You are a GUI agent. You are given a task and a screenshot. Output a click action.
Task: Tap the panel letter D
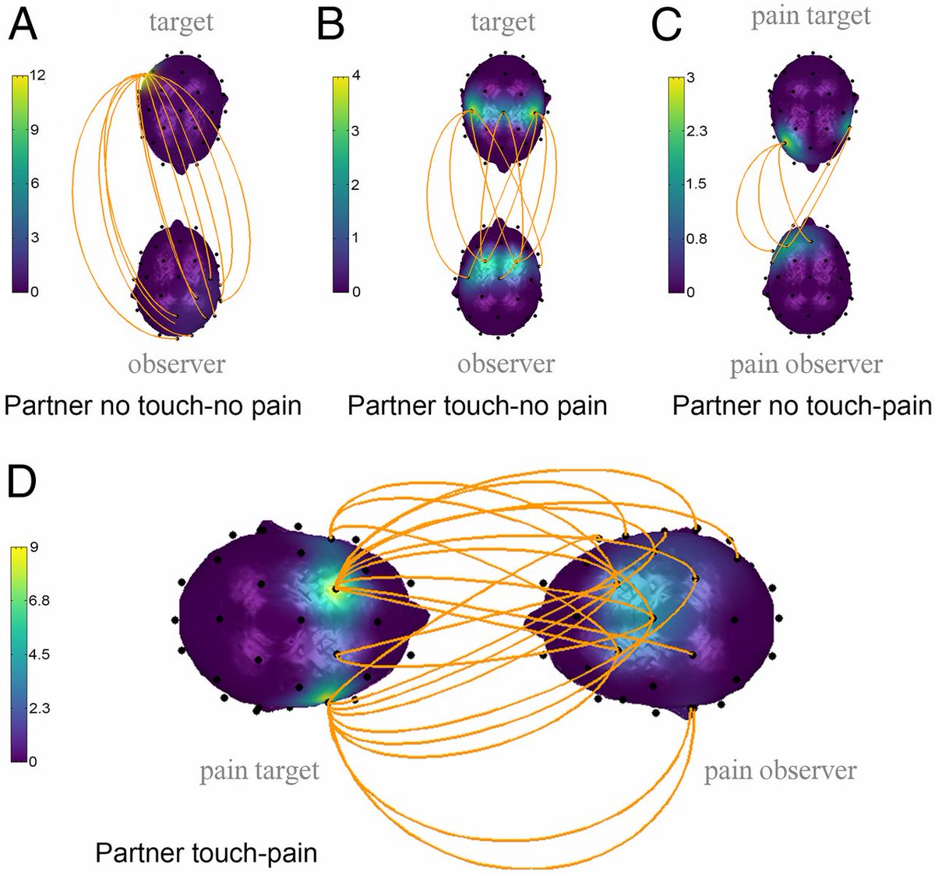pyautogui.click(x=22, y=483)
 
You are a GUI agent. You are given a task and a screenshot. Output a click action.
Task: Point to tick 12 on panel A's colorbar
pyautogui.click(x=37, y=76)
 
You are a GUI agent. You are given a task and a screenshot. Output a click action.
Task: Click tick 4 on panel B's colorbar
pyautogui.click(x=356, y=76)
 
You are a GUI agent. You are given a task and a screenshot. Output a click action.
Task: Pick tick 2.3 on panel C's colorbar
pyautogui.click(x=697, y=131)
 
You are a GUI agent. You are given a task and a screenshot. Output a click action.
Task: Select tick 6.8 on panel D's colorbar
pyautogui.click(x=39, y=601)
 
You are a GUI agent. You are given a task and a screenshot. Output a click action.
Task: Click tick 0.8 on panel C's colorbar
pyautogui.click(x=697, y=238)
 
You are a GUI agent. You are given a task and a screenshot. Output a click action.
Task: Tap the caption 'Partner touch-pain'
pyautogui.click(x=206, y=852)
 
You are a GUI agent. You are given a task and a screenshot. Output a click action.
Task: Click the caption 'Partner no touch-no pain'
pyautogui.click(x=153, y=406)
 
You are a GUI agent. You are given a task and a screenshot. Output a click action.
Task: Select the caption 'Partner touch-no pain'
pyautogui.click(x=477, y=406)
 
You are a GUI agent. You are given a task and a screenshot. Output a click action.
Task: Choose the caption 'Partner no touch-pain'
pyautogui.click(x=802, y=406)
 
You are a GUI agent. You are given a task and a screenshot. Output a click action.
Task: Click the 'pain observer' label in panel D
pyautogui.click(x=780, y=771)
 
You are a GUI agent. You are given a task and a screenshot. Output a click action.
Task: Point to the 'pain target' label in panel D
pyautogui.click(x=259, y=771)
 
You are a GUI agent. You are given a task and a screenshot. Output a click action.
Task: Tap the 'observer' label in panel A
pyautogui.click(x=177, y=364)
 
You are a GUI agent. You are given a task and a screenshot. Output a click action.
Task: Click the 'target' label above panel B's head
pyautogui.click(x=503, y=22)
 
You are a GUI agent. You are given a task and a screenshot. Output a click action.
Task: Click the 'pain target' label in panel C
pyautogui.click(x=810, y=16)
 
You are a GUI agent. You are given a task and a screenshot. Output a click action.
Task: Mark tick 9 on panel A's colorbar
pyautogui.click(x=34, y=130)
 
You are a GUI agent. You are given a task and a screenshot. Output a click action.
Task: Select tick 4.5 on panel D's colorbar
pyautogui.click(x=39, y=654)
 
